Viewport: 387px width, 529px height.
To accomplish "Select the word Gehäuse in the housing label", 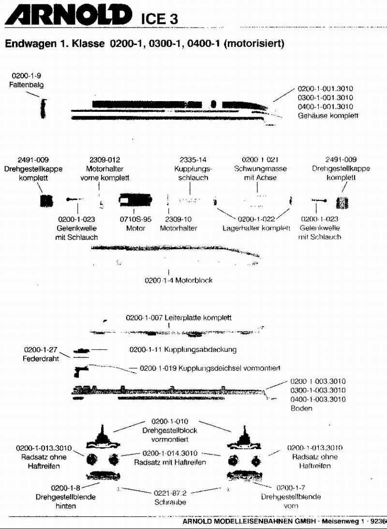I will point(312,116).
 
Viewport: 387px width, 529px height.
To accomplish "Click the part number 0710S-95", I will point(135,219).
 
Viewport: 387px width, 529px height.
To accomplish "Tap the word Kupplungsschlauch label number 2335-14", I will point(193,160).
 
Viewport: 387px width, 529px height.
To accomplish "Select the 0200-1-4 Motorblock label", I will point(179,280).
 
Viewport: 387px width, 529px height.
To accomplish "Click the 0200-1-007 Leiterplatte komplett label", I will point(179,318).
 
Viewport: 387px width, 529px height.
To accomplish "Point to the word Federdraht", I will point(41,358).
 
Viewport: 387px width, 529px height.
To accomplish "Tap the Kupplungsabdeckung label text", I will point(200,349).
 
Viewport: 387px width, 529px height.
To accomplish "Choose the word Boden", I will point(301,408).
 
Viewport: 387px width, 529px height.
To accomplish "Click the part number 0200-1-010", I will point(170,421).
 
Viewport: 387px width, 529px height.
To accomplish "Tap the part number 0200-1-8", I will point(65,488).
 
